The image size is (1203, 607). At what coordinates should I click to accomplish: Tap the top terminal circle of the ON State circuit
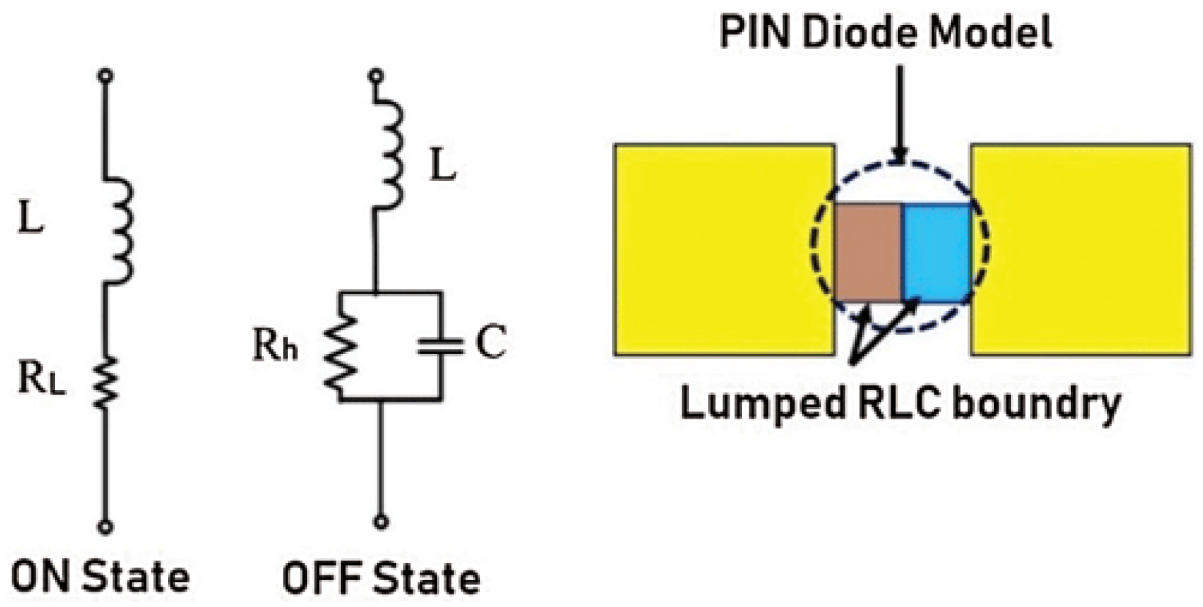point(106,75)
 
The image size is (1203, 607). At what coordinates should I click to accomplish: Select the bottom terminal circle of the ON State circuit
point(106,526)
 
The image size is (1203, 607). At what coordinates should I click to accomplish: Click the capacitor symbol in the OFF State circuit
point(441,346)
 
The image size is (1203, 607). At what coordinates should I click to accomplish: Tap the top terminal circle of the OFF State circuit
point(376,75)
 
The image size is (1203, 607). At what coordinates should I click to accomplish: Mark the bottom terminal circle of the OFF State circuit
point(380,522)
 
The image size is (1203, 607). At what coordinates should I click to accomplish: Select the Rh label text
point(275,344)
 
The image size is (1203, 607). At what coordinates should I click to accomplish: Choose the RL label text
point(41,379)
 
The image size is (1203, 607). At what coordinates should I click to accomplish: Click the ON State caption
point(100,577)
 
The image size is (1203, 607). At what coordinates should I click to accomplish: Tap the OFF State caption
point(381,578)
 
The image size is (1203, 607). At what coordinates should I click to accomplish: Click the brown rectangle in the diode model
point(869,251)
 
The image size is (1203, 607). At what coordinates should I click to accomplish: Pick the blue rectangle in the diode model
point(937,251)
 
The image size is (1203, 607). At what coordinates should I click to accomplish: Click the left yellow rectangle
point(724,249)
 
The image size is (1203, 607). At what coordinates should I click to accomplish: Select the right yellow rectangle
point(1081,249)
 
